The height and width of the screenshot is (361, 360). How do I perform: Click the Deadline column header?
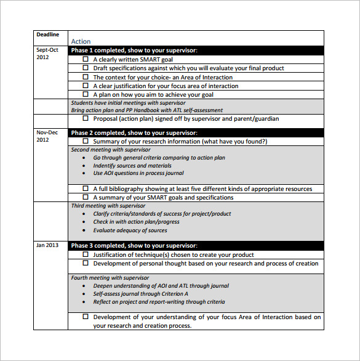(47, 34)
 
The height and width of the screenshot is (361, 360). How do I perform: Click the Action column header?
(81, 41)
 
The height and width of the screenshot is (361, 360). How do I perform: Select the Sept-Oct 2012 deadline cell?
(47, 54)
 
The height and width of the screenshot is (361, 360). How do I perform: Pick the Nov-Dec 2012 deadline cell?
(47, 136)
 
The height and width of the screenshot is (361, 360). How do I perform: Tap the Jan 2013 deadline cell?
(47, 245)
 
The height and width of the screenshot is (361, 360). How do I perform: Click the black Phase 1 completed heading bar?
(195, 51)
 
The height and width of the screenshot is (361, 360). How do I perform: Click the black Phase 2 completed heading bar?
(195, 132)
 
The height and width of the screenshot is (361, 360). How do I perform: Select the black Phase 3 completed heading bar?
(195, 246)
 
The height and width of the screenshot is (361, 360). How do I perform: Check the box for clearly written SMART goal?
(86, 60)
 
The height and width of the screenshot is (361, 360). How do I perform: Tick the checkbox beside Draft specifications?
(86, 68)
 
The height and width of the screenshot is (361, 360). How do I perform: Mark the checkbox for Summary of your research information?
(86, 142)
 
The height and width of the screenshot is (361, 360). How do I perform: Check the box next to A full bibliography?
(86, 189)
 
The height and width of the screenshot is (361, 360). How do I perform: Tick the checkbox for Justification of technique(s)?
(86, 255)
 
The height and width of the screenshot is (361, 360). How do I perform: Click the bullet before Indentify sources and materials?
(84, 166)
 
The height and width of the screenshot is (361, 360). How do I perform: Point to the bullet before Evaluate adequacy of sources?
(84, 231)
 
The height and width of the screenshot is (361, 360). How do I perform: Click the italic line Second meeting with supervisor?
(111, 150)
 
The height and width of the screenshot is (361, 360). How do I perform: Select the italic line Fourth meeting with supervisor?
(110, 278)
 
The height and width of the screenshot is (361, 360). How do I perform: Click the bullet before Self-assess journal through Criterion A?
(84, 294)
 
